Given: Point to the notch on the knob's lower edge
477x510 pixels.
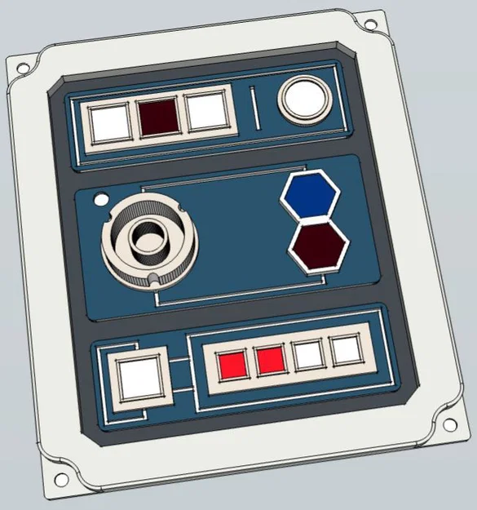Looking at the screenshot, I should [x=156, y=282].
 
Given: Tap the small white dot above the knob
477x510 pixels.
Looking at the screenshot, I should [x=102, y=198].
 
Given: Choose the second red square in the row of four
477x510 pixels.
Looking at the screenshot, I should [x=270, y=359].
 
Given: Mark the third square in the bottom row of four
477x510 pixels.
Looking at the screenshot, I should [x=309, y=355].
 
